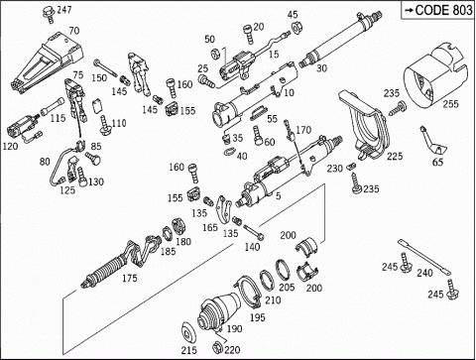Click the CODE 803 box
point(438,10)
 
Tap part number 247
point(64,10)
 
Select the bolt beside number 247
point(49,14)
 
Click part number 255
point(450,104)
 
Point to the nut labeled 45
point(296,28)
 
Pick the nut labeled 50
point(215,53)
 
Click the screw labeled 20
point(249,35)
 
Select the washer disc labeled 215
point(189,331)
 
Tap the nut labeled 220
point(218,348)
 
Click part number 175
point(129,278)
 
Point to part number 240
point(424,273)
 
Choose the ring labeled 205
point(282,268)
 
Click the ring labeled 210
point(266,280)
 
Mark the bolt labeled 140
point(254,232)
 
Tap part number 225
point(395,156)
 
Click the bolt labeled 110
point(105,125)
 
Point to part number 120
point(10,146)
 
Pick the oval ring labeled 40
point(229,151)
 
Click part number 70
point(74,31)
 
